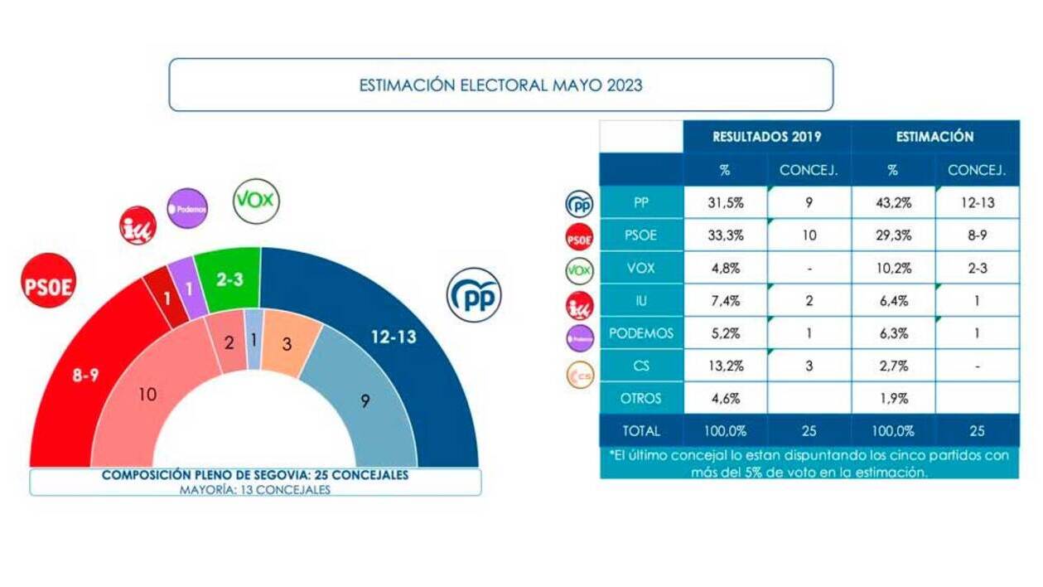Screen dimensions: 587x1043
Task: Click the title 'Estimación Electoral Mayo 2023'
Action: point(500,85)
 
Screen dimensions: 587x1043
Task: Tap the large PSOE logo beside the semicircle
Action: point(48,280)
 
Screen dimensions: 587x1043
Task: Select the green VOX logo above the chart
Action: point(256,201)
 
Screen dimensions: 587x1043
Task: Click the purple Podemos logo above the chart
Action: point(187,208)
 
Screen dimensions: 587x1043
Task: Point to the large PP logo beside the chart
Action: point(474,295)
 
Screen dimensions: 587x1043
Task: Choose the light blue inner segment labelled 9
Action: point(365,400)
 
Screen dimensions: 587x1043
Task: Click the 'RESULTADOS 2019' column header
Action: point(767,137)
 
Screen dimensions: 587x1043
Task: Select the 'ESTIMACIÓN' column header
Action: point(934,137)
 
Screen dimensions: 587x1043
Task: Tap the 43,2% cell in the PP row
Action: point(892,203)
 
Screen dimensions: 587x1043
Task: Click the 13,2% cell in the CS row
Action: point(725,366)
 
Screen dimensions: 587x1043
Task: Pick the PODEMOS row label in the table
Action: point(640,333)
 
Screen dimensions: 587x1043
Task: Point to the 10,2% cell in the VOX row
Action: point(892,269)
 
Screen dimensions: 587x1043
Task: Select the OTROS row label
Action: point(640,398)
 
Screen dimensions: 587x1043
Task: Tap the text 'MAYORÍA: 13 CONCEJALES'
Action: point(254,489)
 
